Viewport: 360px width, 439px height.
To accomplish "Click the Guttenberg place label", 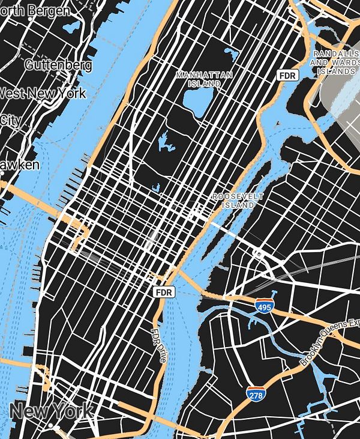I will (x=58, y=65).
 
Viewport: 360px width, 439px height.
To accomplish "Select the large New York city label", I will (x=52, y=411).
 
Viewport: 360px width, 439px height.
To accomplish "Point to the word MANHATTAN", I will (x=204, y=75).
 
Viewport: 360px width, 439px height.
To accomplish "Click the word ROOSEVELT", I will (x=238, y=196).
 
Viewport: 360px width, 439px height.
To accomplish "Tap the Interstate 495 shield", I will (x=264, y=306).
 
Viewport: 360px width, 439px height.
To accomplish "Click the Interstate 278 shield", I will (x=256, y=395).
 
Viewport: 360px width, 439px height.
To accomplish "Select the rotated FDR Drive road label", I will (x=158, y=345).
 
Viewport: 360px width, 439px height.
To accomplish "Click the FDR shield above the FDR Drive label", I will (x=163, y=292).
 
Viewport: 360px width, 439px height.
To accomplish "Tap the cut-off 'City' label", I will (x=11, y=120).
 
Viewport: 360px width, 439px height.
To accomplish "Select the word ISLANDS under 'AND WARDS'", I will (x=337, y=71).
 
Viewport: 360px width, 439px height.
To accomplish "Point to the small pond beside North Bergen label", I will (x=74, y=26).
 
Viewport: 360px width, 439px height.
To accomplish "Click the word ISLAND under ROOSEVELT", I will (x=238, y=205).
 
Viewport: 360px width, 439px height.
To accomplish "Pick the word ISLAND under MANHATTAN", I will (x=204, y=83).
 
